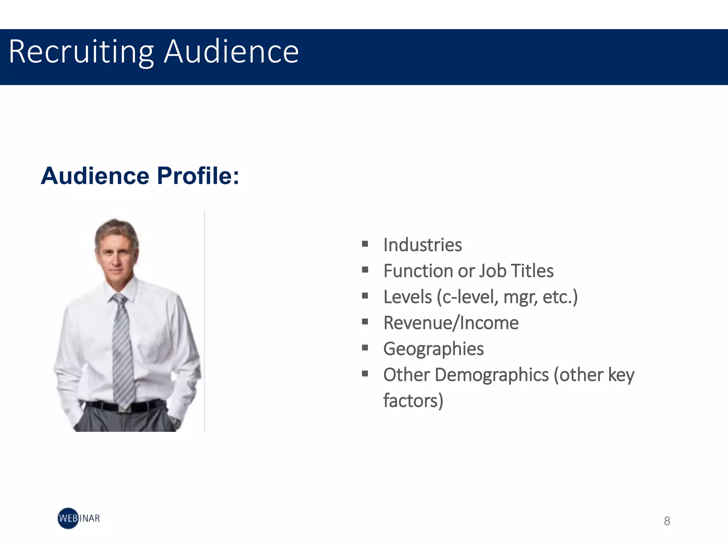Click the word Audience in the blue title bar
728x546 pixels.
pos(231,52)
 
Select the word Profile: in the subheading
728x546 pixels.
pos(198,176)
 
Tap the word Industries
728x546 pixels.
pos(423,245)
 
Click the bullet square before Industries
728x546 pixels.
pos(365,244)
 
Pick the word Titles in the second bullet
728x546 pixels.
pos(532,271)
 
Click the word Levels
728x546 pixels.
pos(407,297)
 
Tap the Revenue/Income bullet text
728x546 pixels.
pos(451,323)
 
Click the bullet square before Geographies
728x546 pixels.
pos(365,348)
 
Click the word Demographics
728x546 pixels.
pos(492,375)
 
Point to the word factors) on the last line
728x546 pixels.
pos(413,401)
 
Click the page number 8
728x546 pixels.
pos(667,521)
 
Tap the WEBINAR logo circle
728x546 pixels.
pos(68,518)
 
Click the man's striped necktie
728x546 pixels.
pos(123,348)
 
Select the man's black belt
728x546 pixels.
pos(124,406)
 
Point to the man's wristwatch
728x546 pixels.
pos(175,422)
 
